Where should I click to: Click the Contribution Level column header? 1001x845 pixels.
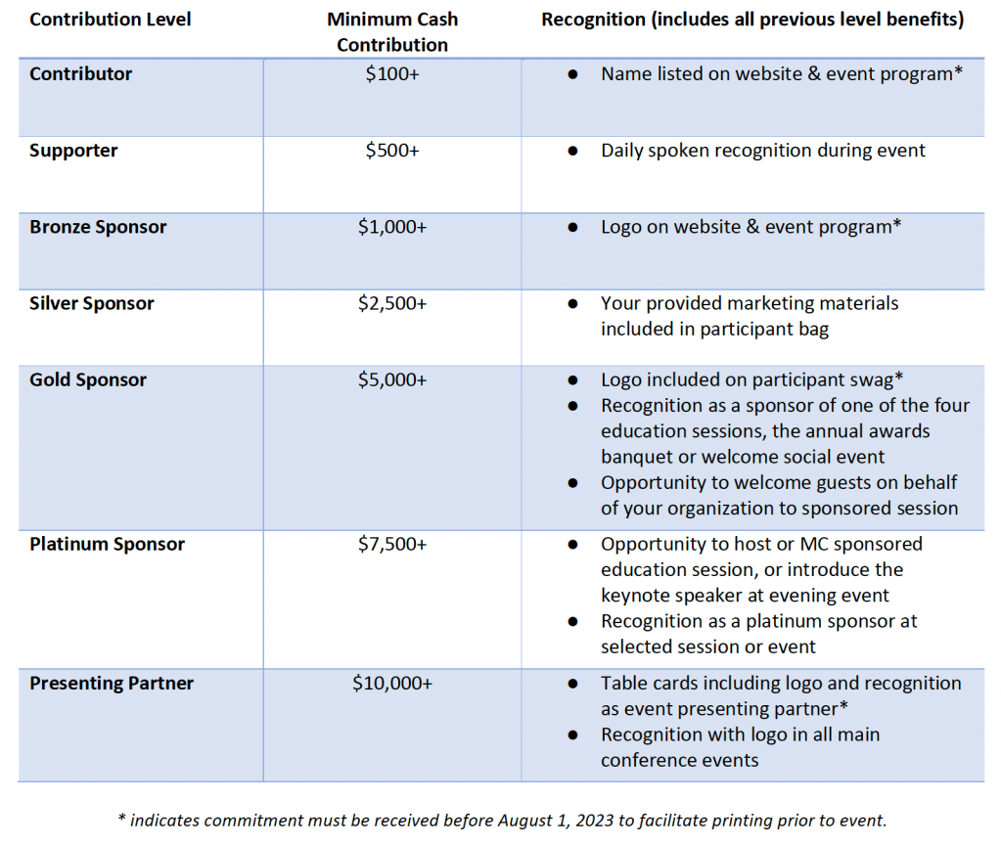coord(111,20)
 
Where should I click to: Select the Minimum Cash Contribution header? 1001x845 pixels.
coord(392,32)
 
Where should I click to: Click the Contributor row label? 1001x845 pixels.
coord(80,74)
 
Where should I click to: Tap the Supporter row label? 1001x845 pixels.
coord(73,151)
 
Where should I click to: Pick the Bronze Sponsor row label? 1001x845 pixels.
coord(98,227)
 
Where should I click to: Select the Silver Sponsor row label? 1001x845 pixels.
coord(91,303)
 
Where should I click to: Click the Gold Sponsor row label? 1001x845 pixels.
coord(87,379)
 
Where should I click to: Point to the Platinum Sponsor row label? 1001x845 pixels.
coord(107,544)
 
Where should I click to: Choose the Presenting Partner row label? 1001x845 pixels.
coord(112,683)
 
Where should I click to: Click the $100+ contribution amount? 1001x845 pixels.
coord(392,74)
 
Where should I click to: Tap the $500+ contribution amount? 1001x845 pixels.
coord(392,151)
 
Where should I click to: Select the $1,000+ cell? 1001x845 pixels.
coord(392,227)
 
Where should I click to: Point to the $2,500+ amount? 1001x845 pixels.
coord(392,303)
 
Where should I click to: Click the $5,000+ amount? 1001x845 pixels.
coord(392,379)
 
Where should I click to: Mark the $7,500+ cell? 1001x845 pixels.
coord(392,544)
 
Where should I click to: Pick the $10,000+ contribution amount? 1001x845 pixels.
coord(392,683)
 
